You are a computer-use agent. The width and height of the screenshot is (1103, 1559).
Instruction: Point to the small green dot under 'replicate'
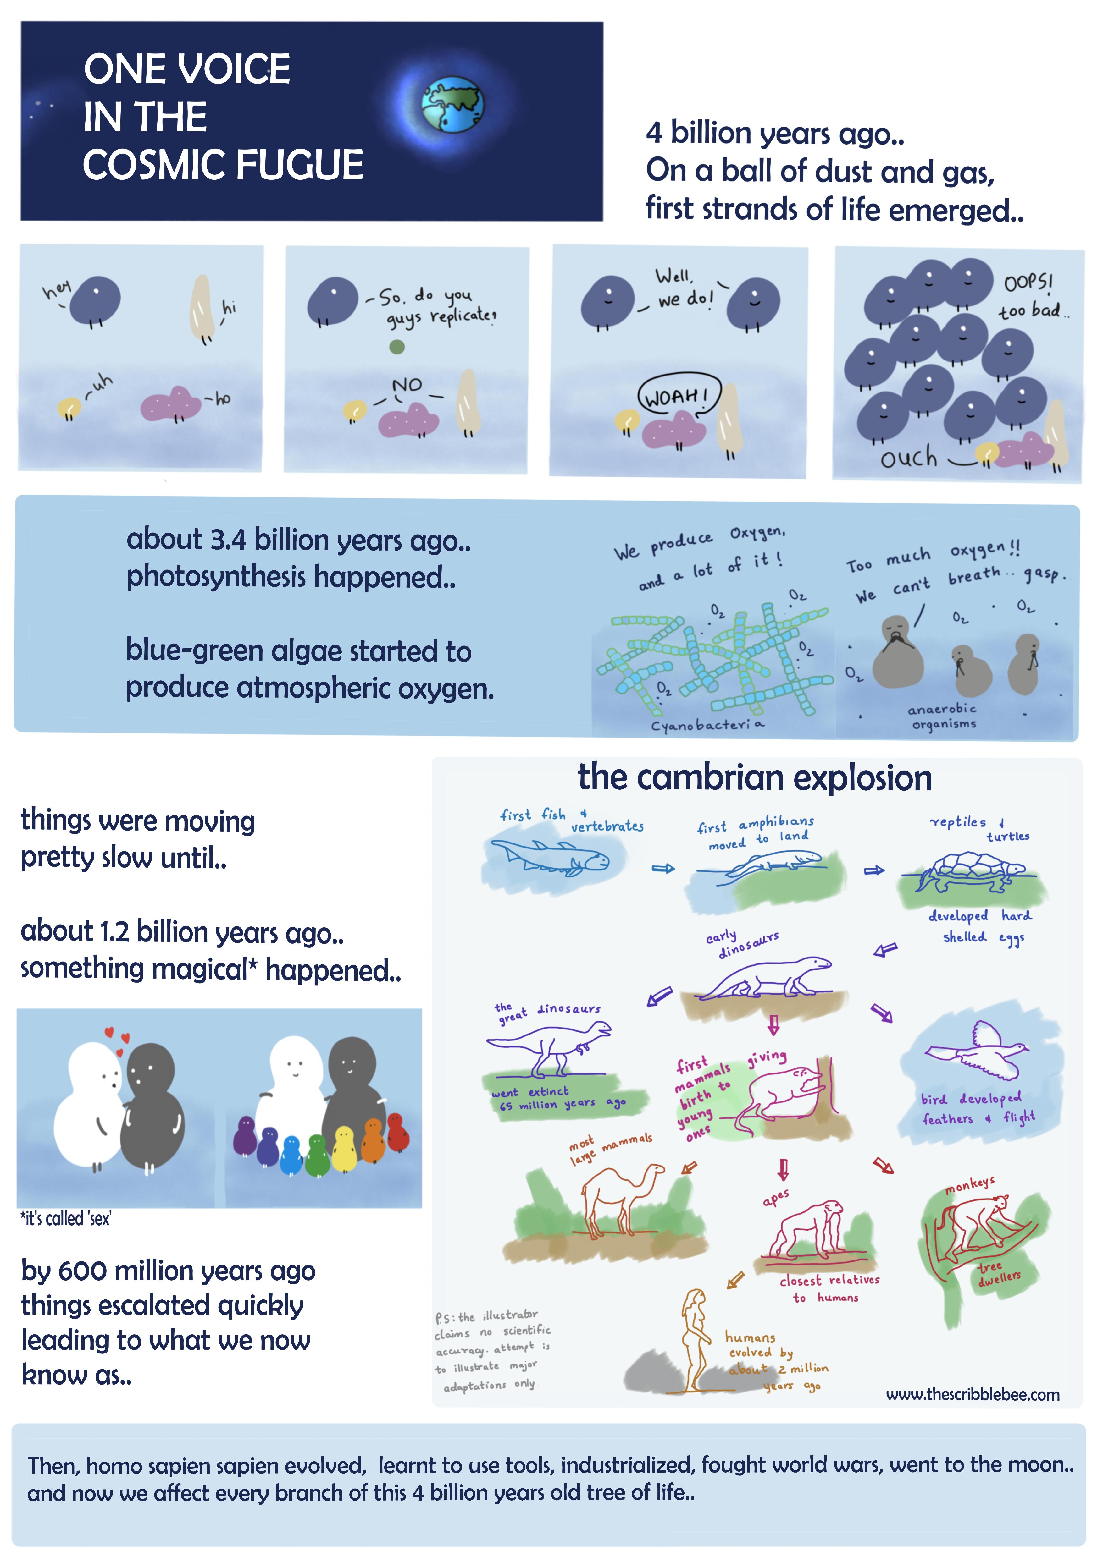click(396, 347)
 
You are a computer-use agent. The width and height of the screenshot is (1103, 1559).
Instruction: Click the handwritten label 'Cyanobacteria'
click(707, 725)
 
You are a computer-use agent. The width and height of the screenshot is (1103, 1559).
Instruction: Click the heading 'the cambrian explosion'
click(755, 778)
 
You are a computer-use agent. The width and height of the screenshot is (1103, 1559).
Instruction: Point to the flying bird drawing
click(978, 1051)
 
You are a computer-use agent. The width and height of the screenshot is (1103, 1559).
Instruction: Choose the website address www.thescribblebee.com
click(972, 1395)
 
